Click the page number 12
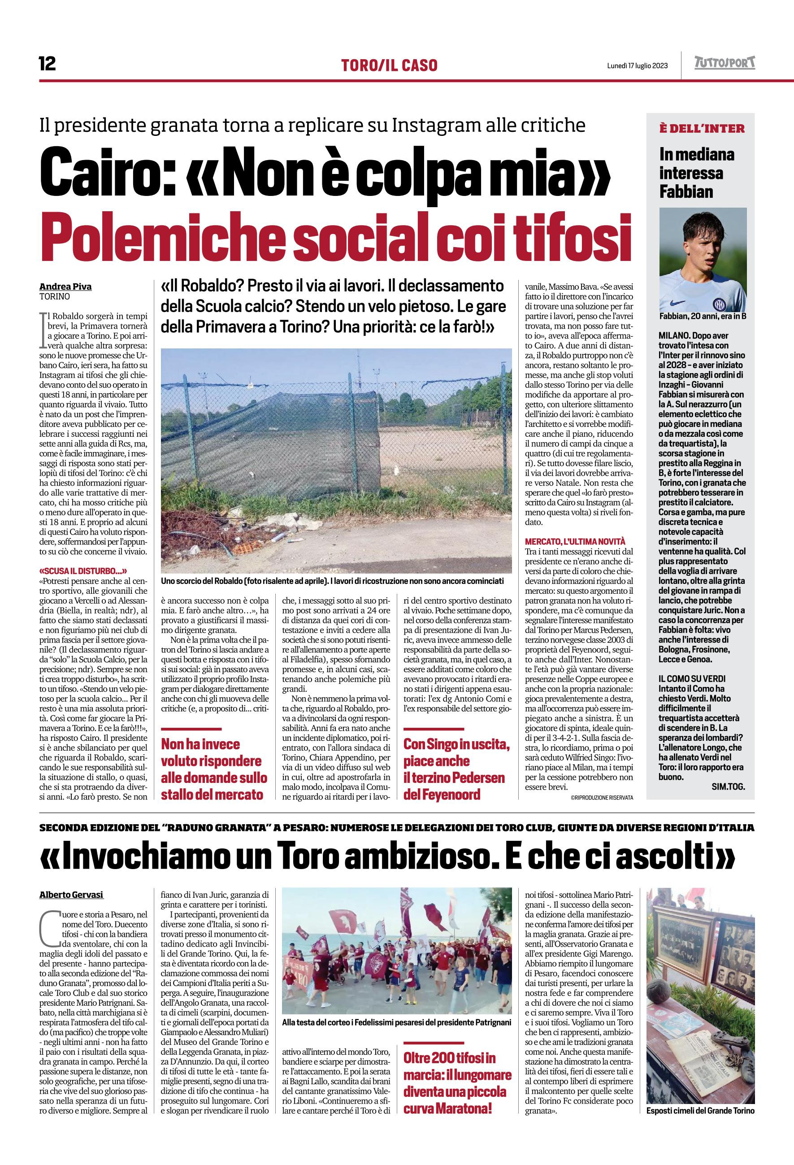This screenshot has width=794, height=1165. click(x=48, y=64)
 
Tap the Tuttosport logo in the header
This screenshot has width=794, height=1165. click(x=725, y=63)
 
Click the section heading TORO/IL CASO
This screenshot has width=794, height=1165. click(x=389, y=65)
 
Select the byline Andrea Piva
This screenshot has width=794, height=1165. click(x=65, y=287)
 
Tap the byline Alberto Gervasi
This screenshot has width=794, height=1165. click(x=72, y=895)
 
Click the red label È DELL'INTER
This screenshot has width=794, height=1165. click(x=702, y=128)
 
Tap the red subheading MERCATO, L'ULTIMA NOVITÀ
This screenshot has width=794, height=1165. click(x=575, y=541)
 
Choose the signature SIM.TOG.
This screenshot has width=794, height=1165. click(x=728, y=787)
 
